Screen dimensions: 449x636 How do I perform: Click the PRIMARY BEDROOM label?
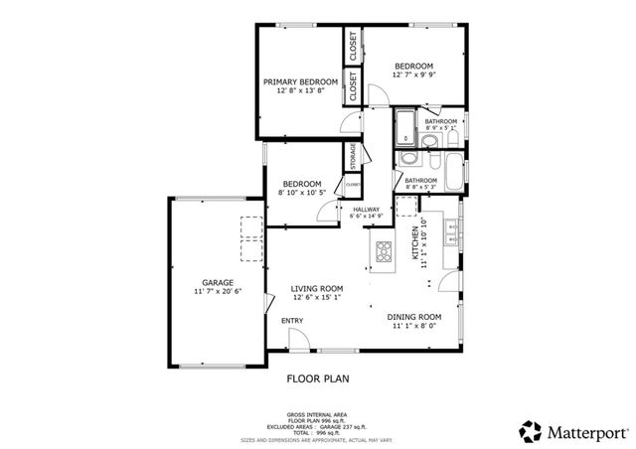click(x=300, y=81)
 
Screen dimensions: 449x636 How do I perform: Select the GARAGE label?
click(x=218, y=282)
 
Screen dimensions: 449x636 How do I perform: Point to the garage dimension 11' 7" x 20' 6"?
click(x=218, y=292)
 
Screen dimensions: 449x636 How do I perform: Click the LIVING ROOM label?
click(x=316, y=288)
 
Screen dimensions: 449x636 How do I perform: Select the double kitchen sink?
click(x=451, y=232)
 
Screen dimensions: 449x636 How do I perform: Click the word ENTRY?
click(x=292, y=321)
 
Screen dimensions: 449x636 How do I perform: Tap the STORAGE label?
click(x=352, y=156)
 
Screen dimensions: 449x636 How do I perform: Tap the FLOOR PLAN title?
click(x=317, y=378)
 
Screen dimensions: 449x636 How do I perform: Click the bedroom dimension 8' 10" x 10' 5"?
click(x=301, y=193)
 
